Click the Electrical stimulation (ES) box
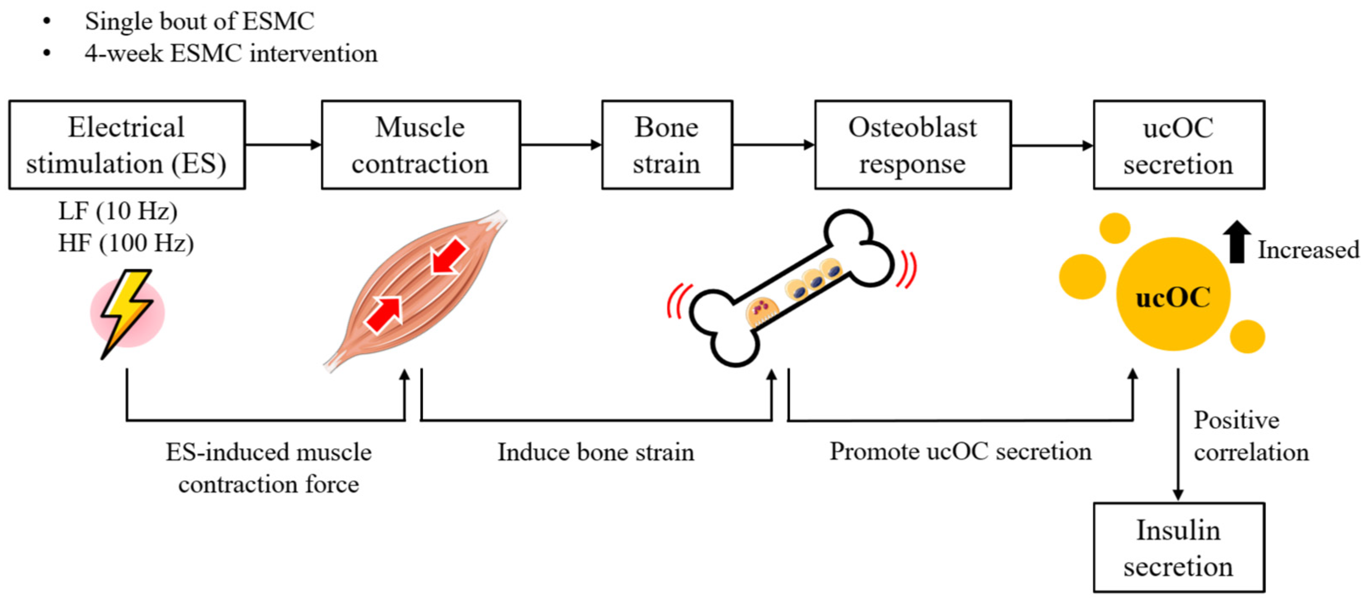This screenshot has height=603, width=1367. tap(127, 145)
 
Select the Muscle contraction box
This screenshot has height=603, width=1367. tap(420, 145)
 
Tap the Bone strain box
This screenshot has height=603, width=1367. tap(667, 145)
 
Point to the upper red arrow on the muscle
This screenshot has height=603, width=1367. tap(449, 256)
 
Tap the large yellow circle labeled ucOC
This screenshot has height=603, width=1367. tap(1173, 295)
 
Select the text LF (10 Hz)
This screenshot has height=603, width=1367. tap(118, 211)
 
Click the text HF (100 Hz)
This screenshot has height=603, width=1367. tap(126, 243)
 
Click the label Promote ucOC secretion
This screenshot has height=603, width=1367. tap(960, 452)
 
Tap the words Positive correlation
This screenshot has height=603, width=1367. tap(1251, 436)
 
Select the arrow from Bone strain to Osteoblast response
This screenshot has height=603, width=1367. tap(773, 145)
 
